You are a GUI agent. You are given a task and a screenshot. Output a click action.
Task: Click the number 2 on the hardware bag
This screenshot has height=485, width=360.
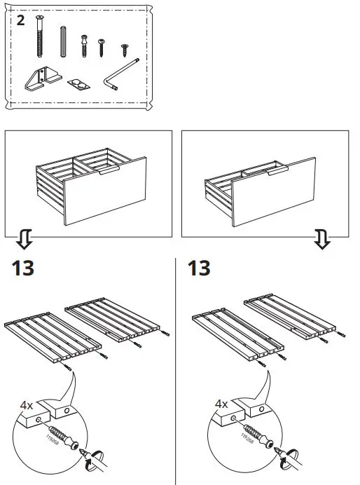[x=21, y=20]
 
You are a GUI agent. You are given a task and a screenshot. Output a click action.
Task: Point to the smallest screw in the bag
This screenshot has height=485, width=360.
[x=125, y=49]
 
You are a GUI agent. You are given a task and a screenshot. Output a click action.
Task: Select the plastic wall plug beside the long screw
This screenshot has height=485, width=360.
[x=64, y=42]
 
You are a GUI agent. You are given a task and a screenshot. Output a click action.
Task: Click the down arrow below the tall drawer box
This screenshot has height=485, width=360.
[x=23, y=241]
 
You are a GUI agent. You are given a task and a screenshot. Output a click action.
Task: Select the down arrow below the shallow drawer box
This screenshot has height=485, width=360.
[x=322, y=241]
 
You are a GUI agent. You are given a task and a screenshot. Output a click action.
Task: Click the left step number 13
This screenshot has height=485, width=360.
[x=23, y=268]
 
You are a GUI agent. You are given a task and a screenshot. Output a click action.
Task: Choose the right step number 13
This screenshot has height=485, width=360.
[x=200, y=268]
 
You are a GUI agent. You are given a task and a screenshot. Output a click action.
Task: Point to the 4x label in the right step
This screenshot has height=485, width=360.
[x=221, y=404]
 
